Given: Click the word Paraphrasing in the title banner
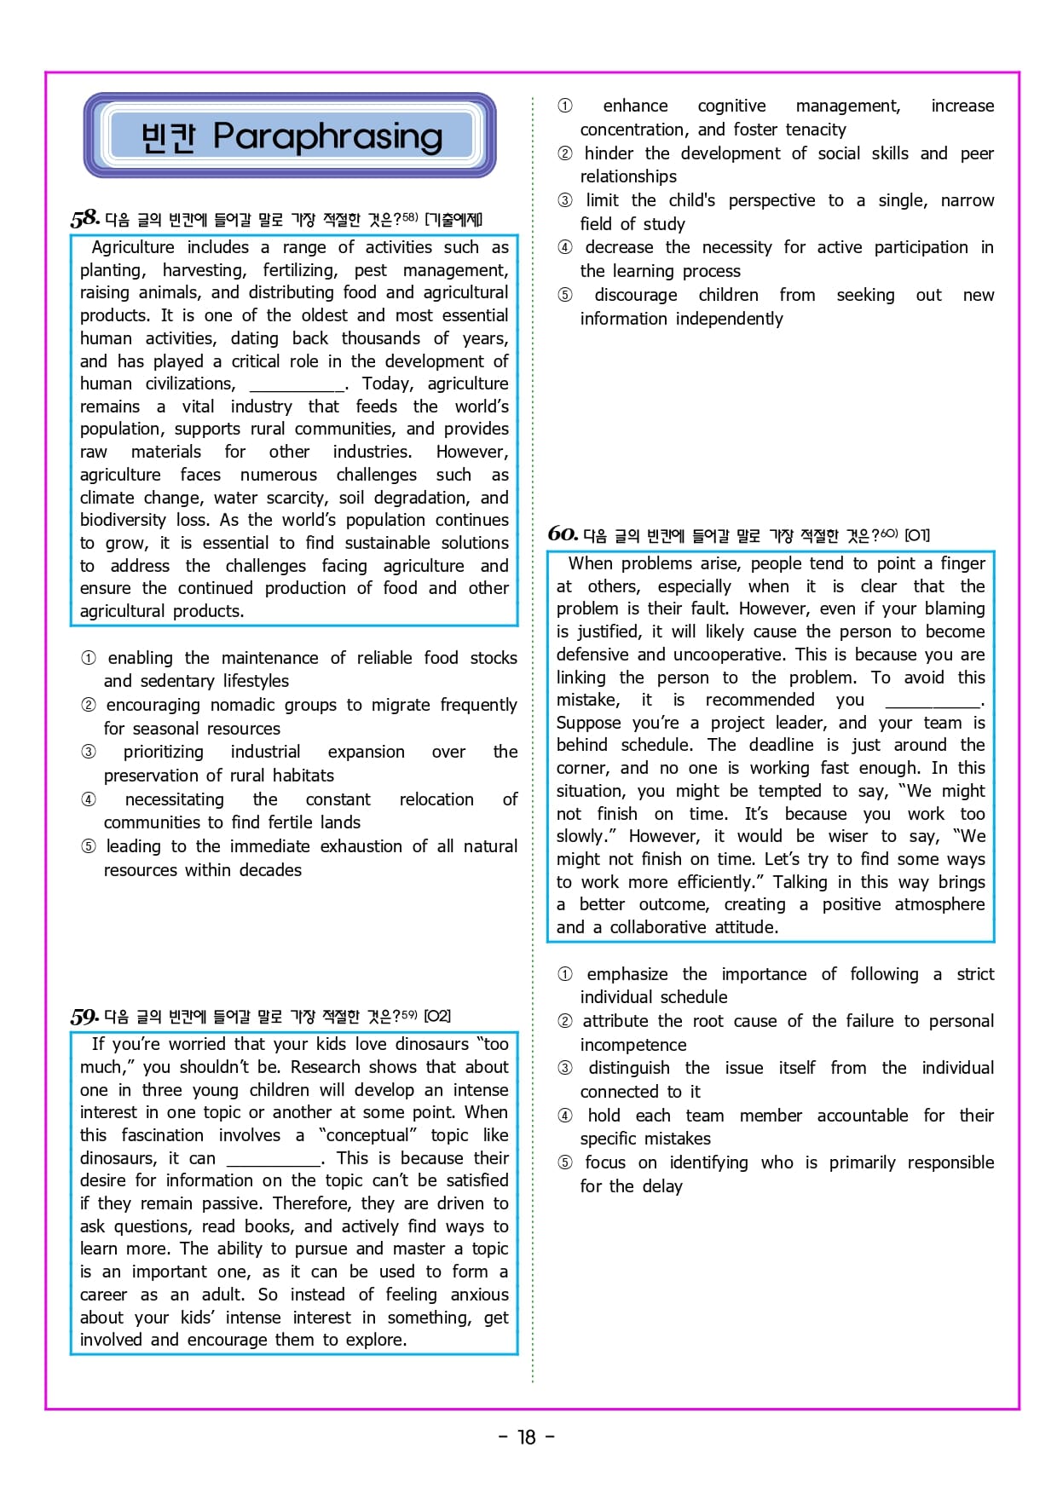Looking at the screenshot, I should pyautogui.click(x=327, y=136).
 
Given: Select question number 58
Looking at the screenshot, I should pyautogui.click(x=84, y=218).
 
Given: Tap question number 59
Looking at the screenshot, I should pyautogui.click(x=84, y=1016).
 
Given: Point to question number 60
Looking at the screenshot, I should pyautogui.click(x=563, y=534).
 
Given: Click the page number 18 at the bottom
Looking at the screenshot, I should pyautogui.click(x=527, y=1437).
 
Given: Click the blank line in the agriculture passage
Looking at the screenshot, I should pyautogui.click(x=297, y=385).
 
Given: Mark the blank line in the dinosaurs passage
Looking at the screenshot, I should pyautogui.click(x=274, y=1160).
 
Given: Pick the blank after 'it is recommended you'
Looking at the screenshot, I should pyautogui.click(x=933, y=702).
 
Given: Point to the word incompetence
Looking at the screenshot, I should pyautogui.click(x=632, y=1045).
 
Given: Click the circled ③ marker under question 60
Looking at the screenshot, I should pyautogui.click(x=564, y=1069).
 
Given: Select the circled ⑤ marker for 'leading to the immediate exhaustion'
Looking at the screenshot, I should pyautogui.click(x=89, y=846).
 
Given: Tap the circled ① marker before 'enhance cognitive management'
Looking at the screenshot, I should pyautogui.click(x=564, y=106).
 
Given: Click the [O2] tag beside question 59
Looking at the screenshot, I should pyautogui.click(x=437, y=1016).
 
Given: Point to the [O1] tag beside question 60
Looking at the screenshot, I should pyautogui.click(x=917, y=535).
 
